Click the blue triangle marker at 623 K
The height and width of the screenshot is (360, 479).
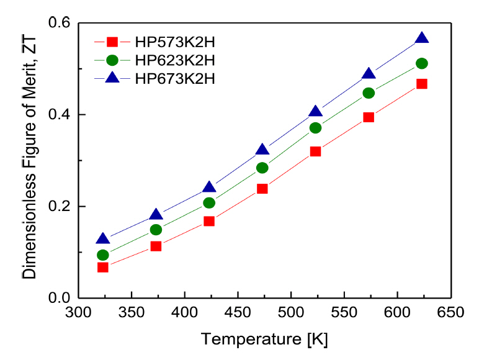click(x=422, y=38)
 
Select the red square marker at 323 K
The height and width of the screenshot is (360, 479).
click(x=103, y=267)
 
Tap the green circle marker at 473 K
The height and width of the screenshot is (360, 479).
click(x=262, y=168)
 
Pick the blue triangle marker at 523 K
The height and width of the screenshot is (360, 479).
click(x=315, y=112)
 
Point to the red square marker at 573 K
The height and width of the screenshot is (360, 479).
click(x=369, y=117)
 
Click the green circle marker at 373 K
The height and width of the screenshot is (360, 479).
click(x=156, y=230)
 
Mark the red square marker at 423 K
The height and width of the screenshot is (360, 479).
click(x=209, y=221)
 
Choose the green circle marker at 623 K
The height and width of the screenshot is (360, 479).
click(x=422, y=63)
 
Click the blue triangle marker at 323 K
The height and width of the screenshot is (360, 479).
click(x=103, y=240)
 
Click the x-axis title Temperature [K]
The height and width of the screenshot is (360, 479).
click(x=264, y=340)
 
